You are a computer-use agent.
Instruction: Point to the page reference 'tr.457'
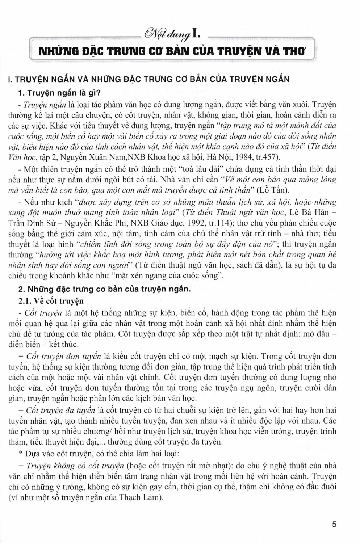[261, 157]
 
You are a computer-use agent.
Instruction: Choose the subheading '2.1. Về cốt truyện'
[51, 300]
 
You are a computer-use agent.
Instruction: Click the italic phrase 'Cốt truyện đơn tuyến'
[64, 356]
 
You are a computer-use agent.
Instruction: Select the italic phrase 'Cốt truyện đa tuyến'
[60, 410]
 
